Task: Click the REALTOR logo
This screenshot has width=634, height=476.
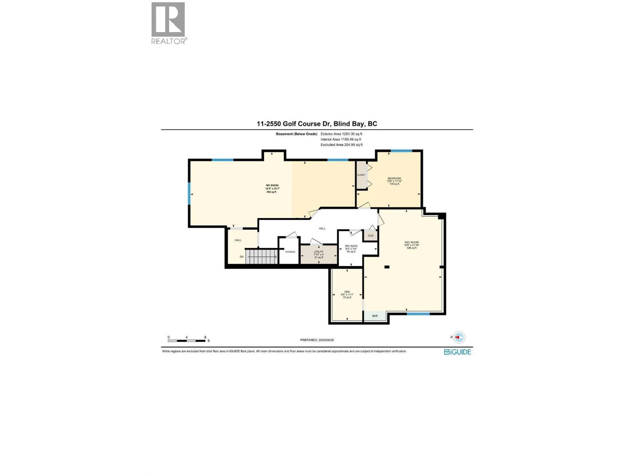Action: (x=168, y=23)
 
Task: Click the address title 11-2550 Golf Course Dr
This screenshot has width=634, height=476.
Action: (x=317, y=124)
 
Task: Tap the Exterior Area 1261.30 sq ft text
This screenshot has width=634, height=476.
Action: (x=341, y=134)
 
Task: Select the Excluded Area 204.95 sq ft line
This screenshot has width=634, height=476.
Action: (x=341, y=145)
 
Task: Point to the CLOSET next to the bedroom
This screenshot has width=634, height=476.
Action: (x=361, y=175)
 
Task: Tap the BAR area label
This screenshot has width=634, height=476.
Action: (x=375, y=316)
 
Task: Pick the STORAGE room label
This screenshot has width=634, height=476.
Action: (x=290, y=252)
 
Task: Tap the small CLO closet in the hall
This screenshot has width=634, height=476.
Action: (x=370, y=236)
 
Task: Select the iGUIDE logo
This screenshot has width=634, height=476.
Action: (x=457, y=352)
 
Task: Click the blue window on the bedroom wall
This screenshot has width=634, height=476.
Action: (x=401, y=151)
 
